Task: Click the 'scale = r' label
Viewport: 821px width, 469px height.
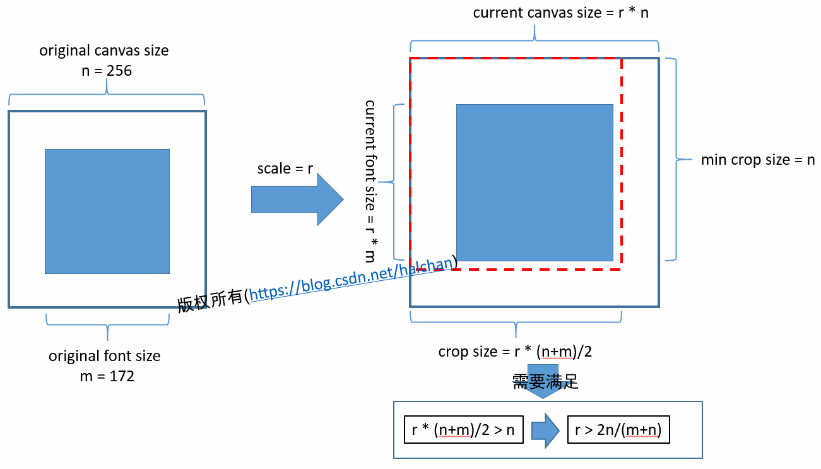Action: click(285, 169)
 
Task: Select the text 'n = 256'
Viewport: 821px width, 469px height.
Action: click(107, 71)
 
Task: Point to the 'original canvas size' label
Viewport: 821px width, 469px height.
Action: click(104, 50)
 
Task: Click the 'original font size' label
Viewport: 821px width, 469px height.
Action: click(105, 356)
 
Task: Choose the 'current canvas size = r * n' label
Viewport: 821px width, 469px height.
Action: click(561, 12)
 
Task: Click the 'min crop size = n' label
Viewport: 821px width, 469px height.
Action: click(758, 160)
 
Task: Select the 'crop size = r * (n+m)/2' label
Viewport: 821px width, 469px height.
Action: click(515, 352)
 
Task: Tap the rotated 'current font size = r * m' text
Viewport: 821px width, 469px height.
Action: click(370, 180)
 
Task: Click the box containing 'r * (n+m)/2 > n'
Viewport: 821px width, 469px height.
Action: click(463, 430)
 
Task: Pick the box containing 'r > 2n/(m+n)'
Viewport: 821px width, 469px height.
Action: click(618, 430)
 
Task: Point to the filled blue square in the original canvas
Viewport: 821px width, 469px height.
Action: click(107, 211)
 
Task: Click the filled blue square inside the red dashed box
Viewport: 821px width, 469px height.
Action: click(535, 182)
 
